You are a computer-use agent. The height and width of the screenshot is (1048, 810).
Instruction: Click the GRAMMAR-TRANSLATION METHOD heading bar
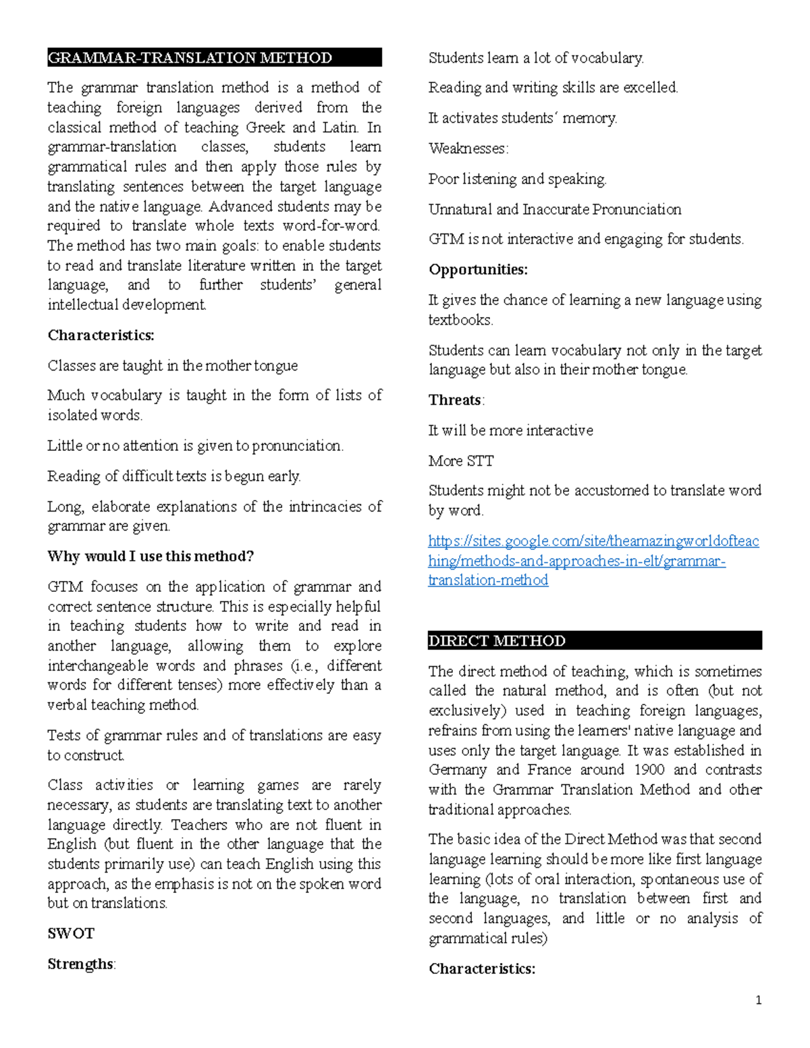pyautogui.click(x=214, y=57)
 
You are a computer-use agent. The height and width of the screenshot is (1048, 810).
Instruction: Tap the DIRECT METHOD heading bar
pyautogui.click(x=594, y=640)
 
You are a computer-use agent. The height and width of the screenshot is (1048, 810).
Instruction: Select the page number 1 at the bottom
pyautogui.click(x=759, y=1000)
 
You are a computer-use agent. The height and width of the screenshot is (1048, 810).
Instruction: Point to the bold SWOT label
pyautogui.click(x=71, y=933)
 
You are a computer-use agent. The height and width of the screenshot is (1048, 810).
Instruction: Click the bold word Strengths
pyautogui.click(x=80, y=964)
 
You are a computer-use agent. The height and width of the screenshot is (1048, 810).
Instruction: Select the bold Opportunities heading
pyautogui.click(x=478, y=269)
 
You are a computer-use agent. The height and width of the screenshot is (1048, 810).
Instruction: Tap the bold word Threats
pyautogui.click(x=455, y=399)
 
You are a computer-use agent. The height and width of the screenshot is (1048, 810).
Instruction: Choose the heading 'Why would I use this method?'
pyautogui.click(x=151, y=556)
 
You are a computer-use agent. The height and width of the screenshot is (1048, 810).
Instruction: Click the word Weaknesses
pyautogui.click(x=468, y=148)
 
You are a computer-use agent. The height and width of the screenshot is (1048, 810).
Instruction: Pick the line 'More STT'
pyautogui.click(x=461, y=461)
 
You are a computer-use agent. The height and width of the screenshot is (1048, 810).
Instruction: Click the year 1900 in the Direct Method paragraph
pyautogui.click(x=649, y=770)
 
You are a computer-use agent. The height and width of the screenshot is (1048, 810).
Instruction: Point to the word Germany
pyautogui.click(x=458, y=770)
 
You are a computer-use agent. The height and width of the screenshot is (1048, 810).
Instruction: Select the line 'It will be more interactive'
pyautogui.click(x=511, y=431)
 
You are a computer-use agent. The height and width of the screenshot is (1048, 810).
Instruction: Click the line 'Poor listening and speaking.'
pyautogui.click(x=518, y=179)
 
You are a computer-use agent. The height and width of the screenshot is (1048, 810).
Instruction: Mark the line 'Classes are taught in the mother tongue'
pyautogui.click(x=173, y=366)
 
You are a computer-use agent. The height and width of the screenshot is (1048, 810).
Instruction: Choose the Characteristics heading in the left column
pyautogui.click(x=101, y=335)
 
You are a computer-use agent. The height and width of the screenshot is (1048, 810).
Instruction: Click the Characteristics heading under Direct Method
pyautogui.click(x=482, y=969)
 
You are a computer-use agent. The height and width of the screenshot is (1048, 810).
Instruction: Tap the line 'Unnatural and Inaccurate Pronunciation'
pyautogui.click(x=555, y=209)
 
